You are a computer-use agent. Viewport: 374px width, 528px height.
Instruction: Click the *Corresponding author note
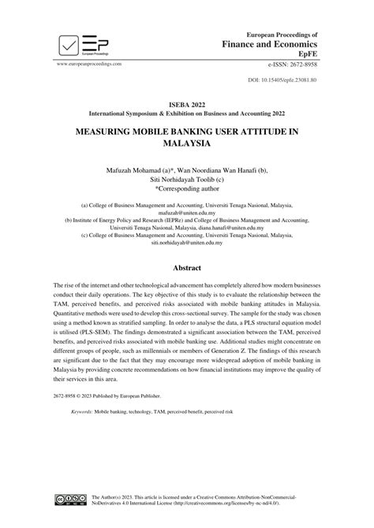coord(187,189)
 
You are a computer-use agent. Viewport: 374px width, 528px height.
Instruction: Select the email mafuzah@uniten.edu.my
coord(187,213)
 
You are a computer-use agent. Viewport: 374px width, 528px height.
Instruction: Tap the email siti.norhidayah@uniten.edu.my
coord(187,244)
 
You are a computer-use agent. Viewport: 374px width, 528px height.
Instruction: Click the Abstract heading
coord(187,267)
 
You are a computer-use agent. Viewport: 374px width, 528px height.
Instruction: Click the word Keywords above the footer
coord(82,412)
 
